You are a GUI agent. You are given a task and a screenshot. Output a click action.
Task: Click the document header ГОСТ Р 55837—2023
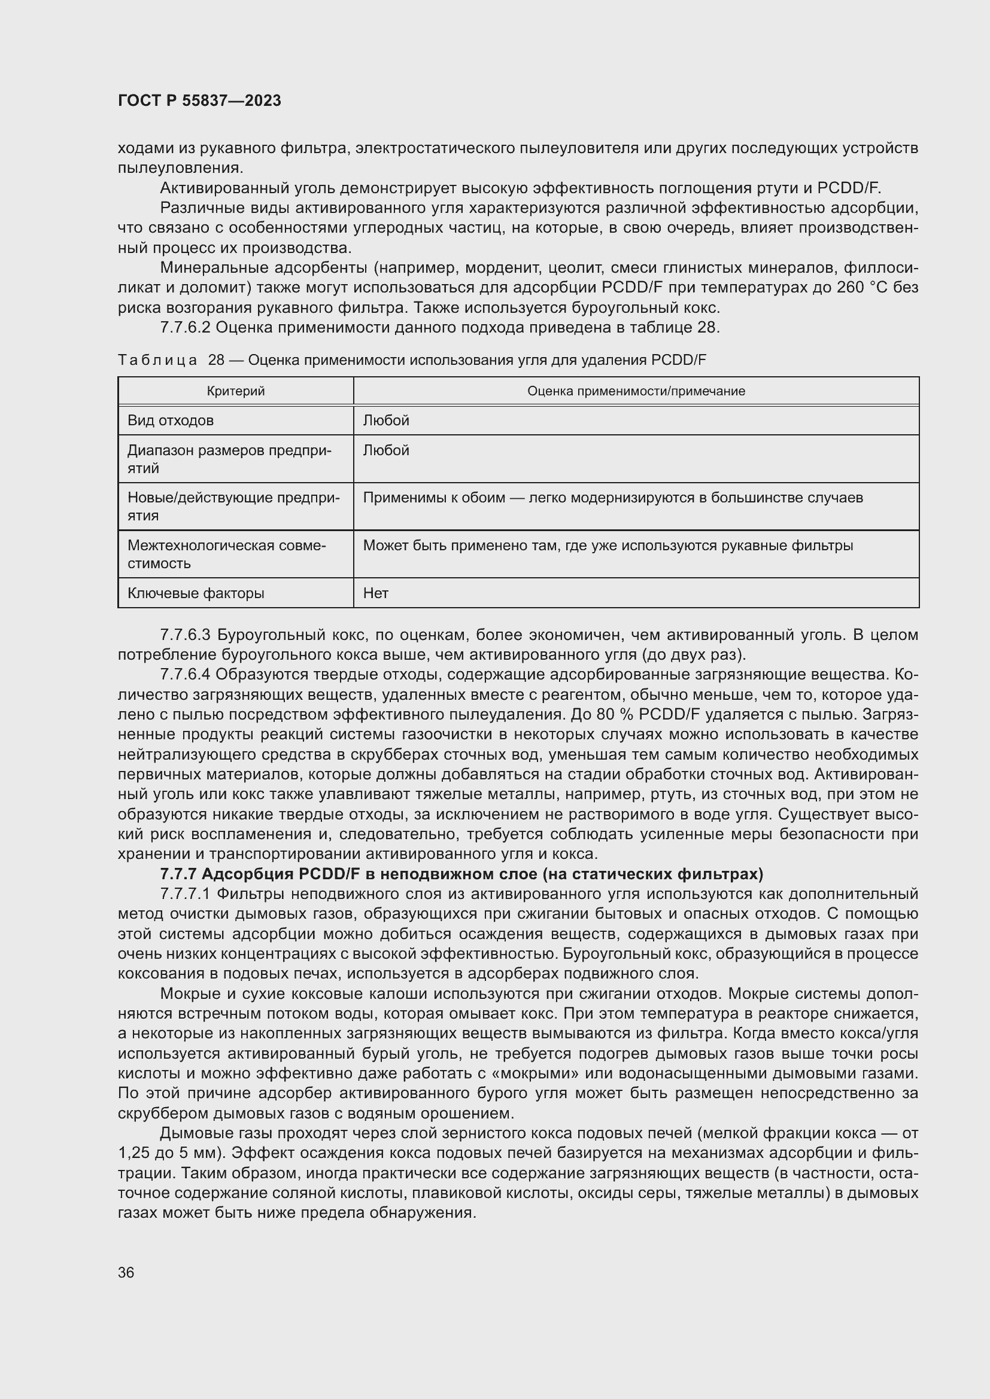click(199, 100)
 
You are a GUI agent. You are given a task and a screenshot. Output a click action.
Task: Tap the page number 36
click(126, 1273)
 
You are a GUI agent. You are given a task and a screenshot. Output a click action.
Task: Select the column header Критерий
click(236, 391)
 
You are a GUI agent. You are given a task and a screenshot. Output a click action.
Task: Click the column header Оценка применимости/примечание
click(636, 391)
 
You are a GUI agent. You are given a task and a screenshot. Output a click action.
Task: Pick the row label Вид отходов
click(171, 420)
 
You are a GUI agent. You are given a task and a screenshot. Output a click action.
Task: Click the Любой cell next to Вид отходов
click(386, 420)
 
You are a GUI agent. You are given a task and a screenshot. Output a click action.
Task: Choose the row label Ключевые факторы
click(196, 593)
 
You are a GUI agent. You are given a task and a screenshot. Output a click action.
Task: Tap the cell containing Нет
click(375, 593)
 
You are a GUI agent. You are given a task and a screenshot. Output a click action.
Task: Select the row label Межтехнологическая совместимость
click(227, 554)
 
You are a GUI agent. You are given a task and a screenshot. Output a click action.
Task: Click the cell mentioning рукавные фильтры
click(608, 545)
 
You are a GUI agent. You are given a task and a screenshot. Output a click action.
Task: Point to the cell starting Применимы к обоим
click(613, 498)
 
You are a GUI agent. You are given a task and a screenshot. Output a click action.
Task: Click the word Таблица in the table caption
click(157, 360)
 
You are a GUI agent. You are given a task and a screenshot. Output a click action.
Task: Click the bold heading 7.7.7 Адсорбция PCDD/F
click(461, 874)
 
